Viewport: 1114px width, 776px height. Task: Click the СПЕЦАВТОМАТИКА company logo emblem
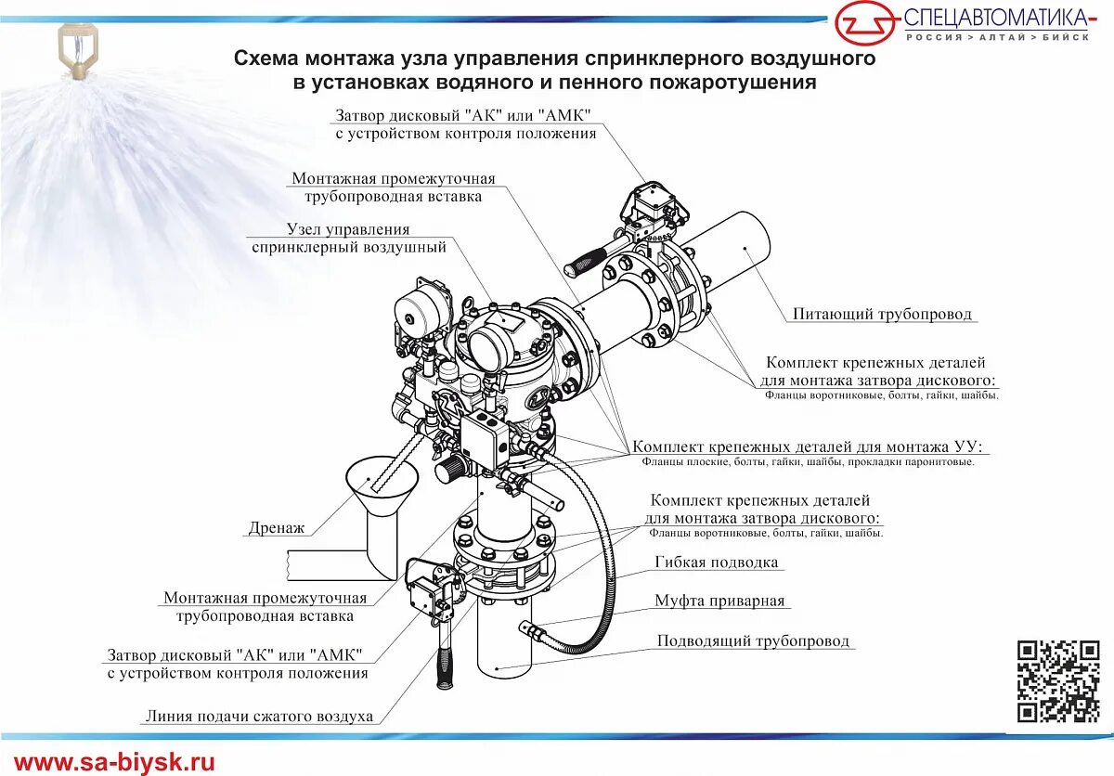pyautogui.click(x=865, y=22)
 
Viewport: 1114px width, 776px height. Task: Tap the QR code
pyautogui.click(x=1058, y=681)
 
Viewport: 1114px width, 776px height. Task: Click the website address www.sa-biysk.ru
pyautogui.click(x=114, y=763)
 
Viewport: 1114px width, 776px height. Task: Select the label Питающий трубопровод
pyautogui.click(x=882, y=315)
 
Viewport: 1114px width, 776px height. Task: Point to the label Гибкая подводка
pyautogui.click(x=716, y=563)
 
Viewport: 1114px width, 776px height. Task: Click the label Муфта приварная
pyautogui.click(x=719, y=601)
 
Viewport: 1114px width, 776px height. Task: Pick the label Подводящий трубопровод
pyautogui.click(x=753, y=641)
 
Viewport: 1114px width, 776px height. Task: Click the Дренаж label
pyautogui.click(x=276, y=528)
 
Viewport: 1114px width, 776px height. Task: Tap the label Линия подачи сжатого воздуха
pyautogui.click(x=259, y=717)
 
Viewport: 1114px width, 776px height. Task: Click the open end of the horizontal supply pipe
pyautogui.click(x=748, y=248)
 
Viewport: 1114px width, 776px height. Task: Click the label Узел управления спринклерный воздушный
pyautogui.click(x=348, y=239)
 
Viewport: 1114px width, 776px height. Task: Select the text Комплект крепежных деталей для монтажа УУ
pyautogui.click(x=807, y=446)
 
